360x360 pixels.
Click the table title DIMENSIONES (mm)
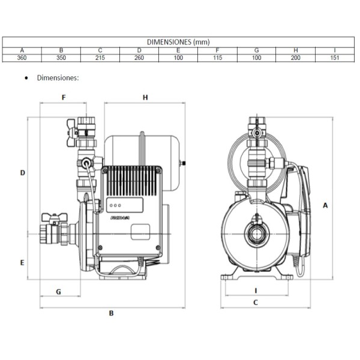point(179,41)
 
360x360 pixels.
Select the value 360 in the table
point(22,58)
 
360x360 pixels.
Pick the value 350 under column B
point(61,58)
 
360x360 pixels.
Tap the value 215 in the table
point(100,58)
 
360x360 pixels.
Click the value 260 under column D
point(139,58)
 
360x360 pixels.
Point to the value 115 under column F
point(217,58)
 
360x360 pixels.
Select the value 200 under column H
point(296,58)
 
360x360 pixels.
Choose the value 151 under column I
point(335,58)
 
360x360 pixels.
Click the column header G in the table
point(256,50)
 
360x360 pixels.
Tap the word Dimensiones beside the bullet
point(58,77)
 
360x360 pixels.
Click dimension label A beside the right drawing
point(325,205)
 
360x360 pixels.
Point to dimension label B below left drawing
point(111,313)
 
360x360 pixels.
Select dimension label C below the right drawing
point(255,302)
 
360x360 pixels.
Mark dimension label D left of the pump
point(22,173)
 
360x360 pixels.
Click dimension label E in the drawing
point(22,263)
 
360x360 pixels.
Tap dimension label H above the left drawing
point(145,97)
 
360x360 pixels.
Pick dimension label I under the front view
point(255,290)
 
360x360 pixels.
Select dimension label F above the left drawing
point(64,97)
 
